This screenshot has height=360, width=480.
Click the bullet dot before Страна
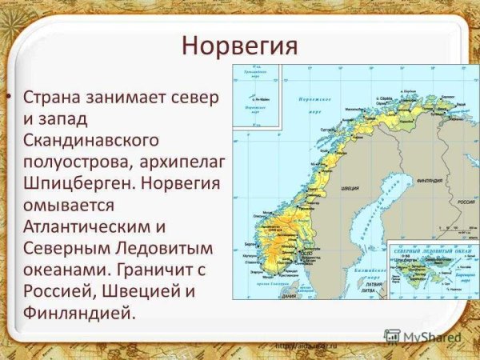(x=9, y=98)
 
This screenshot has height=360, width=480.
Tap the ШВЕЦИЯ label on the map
(x=350, y=190)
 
